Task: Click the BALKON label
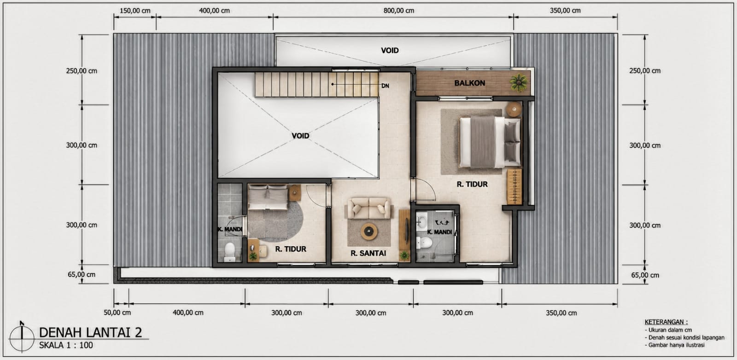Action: [x=469, y=83]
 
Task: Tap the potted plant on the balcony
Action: [x=519, y=82]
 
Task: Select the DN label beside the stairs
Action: [x=385, y=86]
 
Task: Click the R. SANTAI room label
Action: [x=368, y=253]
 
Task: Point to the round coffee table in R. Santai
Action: [x=369, y=232]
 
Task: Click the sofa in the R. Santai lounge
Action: [x=369, y=208]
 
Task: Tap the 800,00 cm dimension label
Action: [x=399, y=11]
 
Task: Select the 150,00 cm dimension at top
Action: [x=135, y=11]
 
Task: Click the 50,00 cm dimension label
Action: [x=117, y=312]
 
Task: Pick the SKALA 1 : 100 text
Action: [x=66, y=345]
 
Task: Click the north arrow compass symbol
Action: [x=22, y=337]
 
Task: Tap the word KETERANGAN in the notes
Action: [x=666, y=322]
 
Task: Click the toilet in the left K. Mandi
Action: [x=229, y=251]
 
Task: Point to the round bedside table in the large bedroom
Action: [x=514, y=109]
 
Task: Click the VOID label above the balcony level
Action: [x=390, y=51]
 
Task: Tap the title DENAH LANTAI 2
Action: [x=90, y=332]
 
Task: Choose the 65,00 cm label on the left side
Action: [x=82, y=274]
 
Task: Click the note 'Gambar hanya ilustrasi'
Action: [x=675, y=345]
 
